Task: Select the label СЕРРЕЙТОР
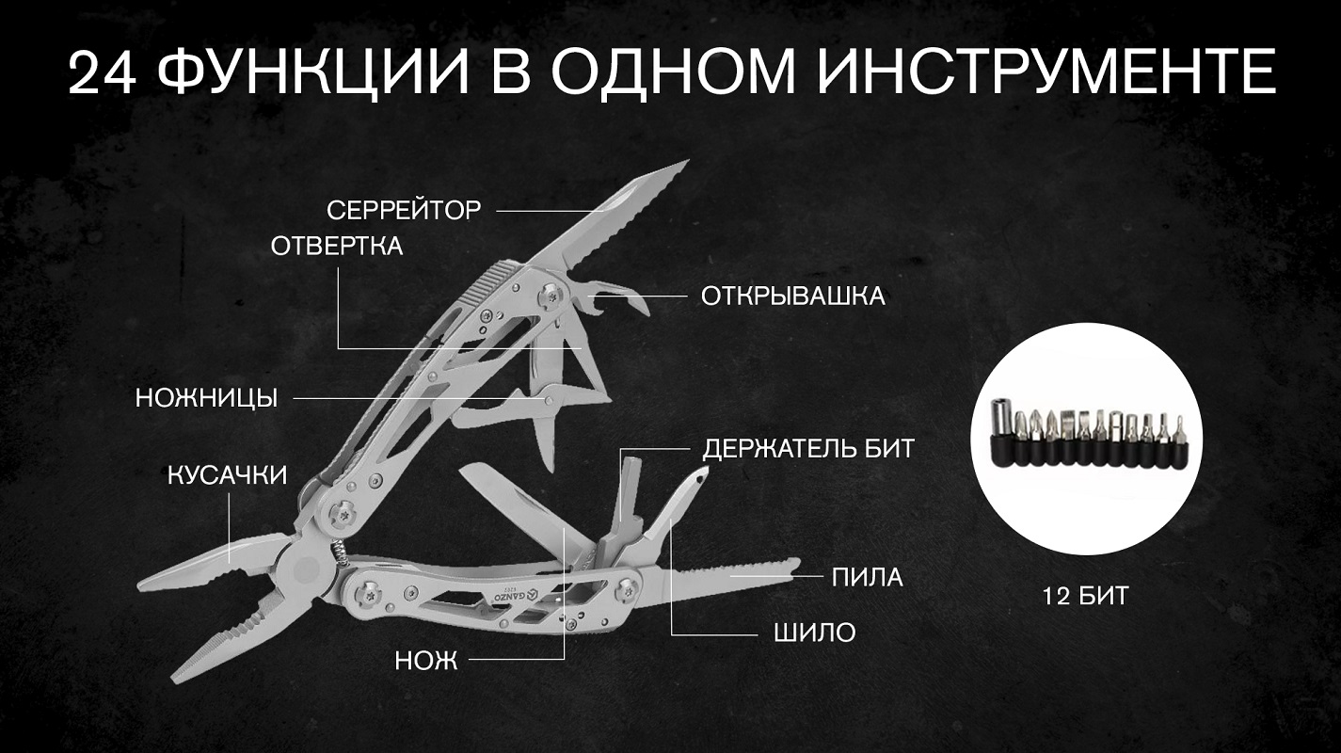click(x=404, y=211)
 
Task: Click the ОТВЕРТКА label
click(x=337, y=247)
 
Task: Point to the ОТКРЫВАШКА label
click(x=792, y=296)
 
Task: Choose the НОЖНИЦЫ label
click(x=206, y=398)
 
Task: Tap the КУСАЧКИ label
click(x=227, y=475)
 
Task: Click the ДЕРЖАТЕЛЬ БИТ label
click(x=808, y=448)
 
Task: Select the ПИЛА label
click(x=868, y=578)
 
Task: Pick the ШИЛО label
click(x=815, y=633)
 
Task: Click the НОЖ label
click(x=426, y=661)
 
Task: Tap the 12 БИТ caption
click(x=1085, y=596)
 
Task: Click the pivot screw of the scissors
click(x=548, y=399)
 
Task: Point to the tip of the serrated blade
click(x=689, y=160)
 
